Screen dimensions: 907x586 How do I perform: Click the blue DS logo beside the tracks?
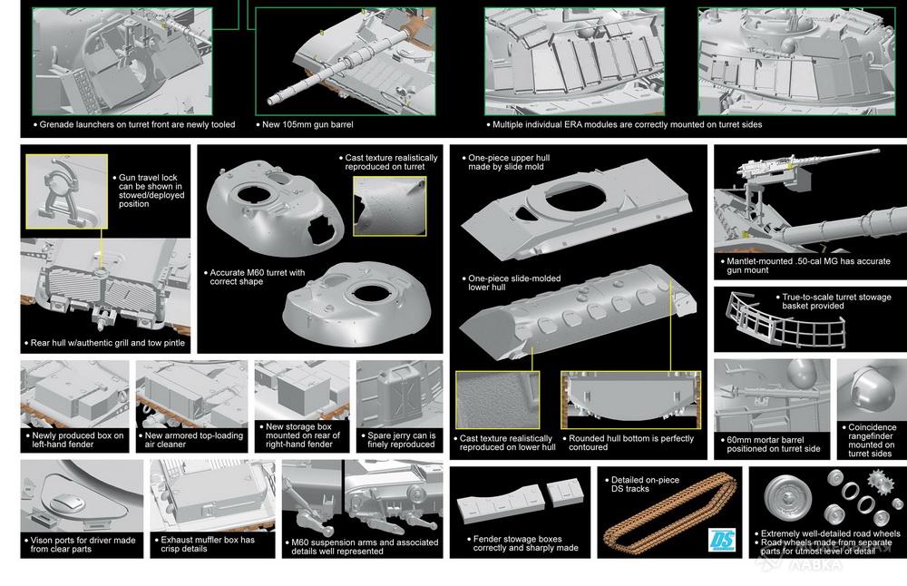722,540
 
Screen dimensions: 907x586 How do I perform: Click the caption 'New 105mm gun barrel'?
307,124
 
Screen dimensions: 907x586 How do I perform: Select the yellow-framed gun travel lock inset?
66,190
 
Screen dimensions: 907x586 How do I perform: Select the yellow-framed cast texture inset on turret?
389,206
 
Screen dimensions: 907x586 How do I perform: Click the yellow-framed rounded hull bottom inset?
630,400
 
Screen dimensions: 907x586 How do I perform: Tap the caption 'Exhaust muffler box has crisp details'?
208,543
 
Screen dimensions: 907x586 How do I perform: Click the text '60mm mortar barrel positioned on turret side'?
774,444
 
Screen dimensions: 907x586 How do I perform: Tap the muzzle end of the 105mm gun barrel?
270,102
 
